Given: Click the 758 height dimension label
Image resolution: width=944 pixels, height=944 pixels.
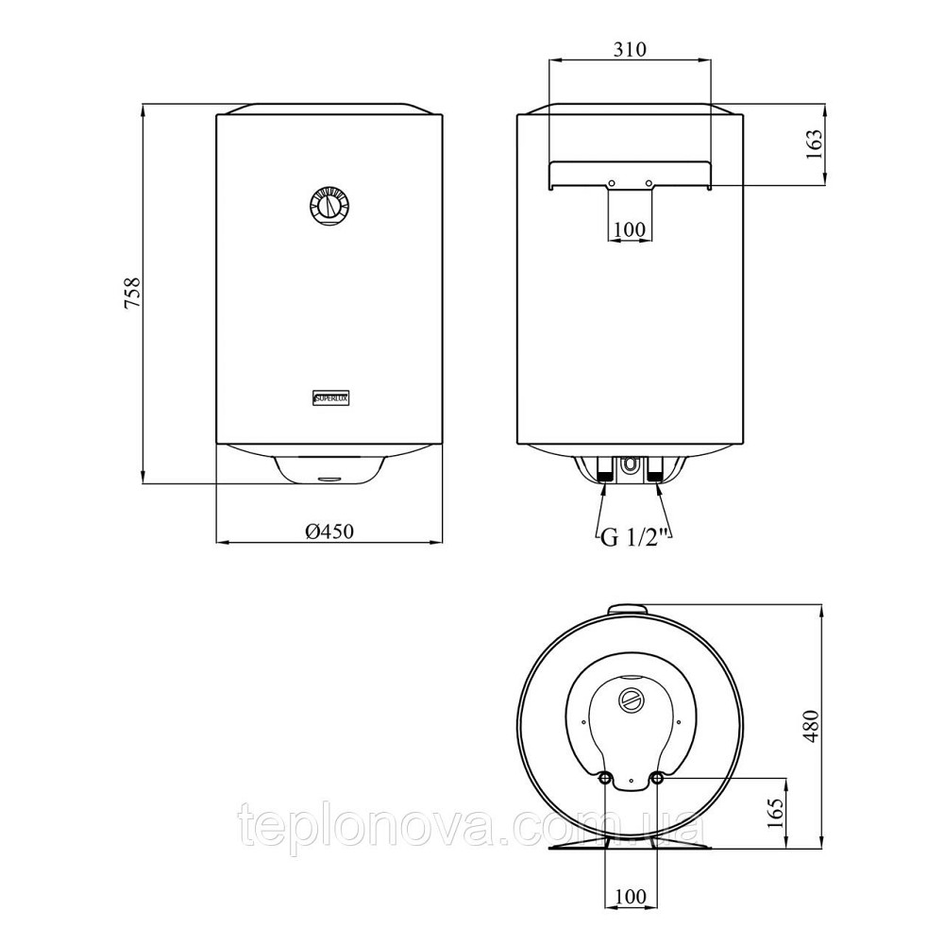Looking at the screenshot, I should click(x=133, y=294).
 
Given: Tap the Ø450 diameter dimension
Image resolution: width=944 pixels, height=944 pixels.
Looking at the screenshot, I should click(x=329, y=532).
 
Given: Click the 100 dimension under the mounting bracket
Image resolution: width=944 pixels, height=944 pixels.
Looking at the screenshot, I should click(x=629, y=229).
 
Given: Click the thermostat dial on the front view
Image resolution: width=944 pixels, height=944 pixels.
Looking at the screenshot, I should click(x=329, y=206).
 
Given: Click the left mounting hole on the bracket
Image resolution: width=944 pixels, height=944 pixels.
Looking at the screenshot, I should click(x=611, y=183).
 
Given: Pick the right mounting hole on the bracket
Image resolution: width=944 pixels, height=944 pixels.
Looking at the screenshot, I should click(x=649, y=183).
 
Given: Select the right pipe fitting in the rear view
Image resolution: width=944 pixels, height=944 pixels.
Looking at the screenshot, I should click(x=653, y=472).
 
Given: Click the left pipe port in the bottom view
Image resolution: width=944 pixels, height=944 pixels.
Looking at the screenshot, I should click(x=604, y=779).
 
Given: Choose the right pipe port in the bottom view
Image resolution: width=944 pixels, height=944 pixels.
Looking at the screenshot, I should click(x=657, y=779).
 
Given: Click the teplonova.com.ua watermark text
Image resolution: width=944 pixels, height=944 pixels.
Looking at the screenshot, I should click(x=472, y=828).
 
